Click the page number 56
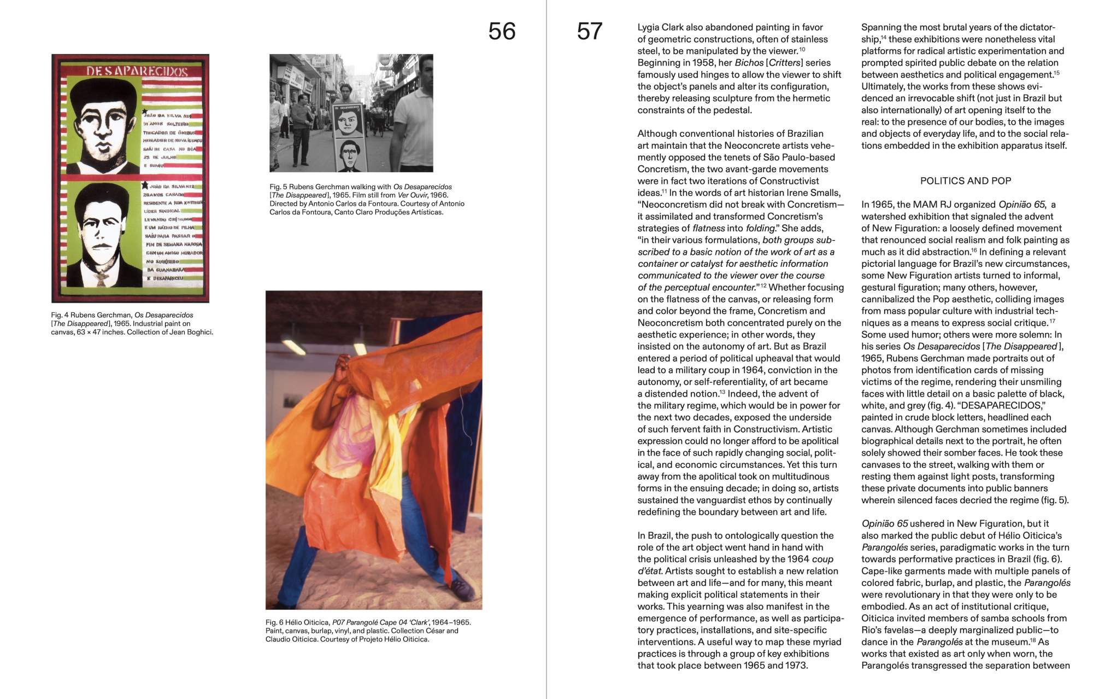point(502,32)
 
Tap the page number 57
point(590,32)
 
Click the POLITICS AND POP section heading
point(966,181)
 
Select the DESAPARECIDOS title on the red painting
point(137,71)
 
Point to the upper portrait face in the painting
point(103,126)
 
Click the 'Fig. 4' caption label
point(60,315)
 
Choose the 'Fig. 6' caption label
point(274,622)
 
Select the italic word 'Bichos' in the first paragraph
point(749,63)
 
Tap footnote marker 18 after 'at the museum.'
point(1033,639)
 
